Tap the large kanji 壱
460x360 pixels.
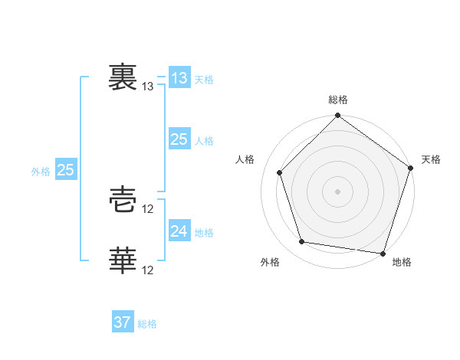[123, 201]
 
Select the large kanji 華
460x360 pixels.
[123, 260]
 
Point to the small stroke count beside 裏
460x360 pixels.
[148, 87]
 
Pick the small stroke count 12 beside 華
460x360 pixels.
[148, 270]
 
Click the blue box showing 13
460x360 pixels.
[179, 77]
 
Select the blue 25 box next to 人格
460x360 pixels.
[179, 139]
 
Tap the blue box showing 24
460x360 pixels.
[179, 231]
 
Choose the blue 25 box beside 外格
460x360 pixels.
[65, 170]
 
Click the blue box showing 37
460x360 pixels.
[123, 322]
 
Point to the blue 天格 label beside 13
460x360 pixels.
[204, 80]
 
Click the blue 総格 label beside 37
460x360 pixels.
[147, 325]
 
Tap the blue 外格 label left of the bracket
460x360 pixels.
[41, 172]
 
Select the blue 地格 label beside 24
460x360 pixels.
[204, 233]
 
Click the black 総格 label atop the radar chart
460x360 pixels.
[338, 100]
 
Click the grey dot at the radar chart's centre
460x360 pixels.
[338, 191]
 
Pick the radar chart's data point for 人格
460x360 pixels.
[280, 172]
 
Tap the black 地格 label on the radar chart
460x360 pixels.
[402, 263]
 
